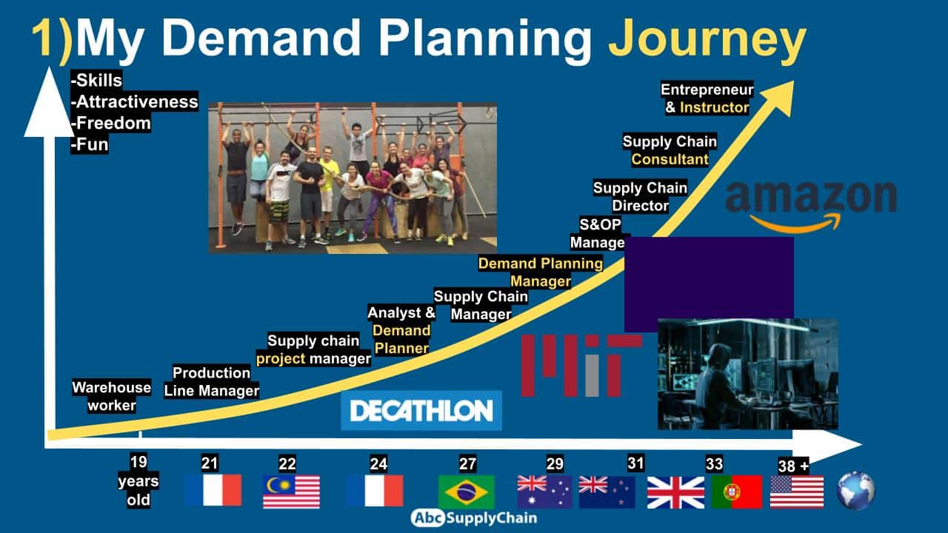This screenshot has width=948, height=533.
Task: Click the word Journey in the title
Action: [x=707, y=39]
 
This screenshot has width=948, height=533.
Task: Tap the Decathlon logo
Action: [x=421, y=410]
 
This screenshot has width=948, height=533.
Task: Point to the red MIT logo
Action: [x=581, y=366]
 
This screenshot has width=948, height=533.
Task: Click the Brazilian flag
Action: [x=467, y=492]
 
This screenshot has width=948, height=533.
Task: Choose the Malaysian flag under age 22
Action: [x=291, y=492]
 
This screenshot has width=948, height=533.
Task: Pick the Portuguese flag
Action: [x=737, y=492]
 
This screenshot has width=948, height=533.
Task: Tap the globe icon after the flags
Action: [x=856, y=491]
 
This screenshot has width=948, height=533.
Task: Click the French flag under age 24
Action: [x=375, y=491]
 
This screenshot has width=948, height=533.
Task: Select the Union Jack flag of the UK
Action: [x=676, y=492]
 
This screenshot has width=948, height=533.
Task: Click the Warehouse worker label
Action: [x=112, y=396]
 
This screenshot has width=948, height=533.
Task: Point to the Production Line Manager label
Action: [x=212, y=381]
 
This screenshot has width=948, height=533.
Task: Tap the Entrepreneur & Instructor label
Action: [x=707, y=98]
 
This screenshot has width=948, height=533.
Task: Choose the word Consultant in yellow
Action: [x=670, y=159]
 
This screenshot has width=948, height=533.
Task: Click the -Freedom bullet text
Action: [x=111, y=123]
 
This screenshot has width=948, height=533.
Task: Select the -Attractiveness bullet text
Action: [x=135, y=101]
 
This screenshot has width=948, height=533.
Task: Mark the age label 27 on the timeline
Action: [x=467, y=464]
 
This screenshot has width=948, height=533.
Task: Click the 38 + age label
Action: [x=793, y=466]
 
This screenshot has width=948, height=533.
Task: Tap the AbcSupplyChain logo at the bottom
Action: [x=474, y=517]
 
